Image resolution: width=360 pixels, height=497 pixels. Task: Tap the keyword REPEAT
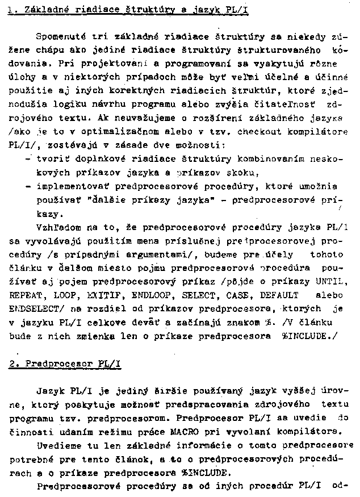click(27, 296)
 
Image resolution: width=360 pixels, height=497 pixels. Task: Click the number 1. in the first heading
click(14, 11)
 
